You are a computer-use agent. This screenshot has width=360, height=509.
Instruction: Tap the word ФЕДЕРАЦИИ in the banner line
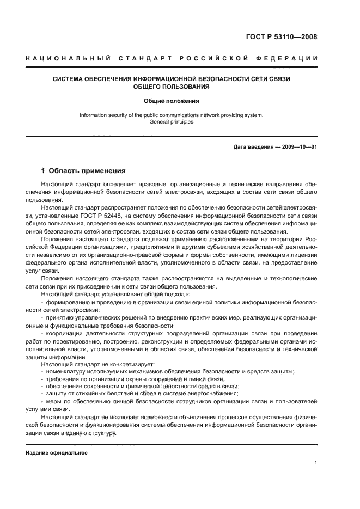click(x=288, y=58)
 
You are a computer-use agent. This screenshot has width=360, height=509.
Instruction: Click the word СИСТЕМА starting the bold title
click(x=69, y=79)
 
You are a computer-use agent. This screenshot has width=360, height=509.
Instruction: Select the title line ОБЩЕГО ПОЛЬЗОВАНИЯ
click(x=171, y=87)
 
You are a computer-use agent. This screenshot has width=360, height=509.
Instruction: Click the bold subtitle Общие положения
click(x=171, y=101)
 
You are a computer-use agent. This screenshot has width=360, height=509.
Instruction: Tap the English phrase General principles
click(x=171, y=122)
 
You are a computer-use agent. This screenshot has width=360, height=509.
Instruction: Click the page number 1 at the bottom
click(x=315, y=463)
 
